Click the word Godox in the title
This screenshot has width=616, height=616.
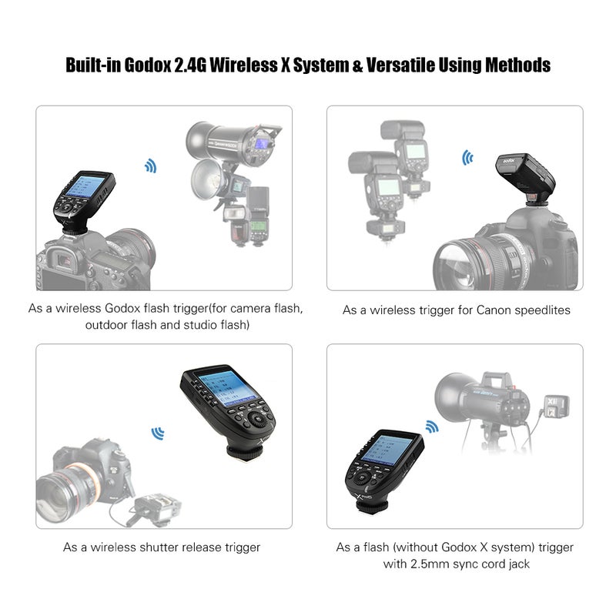148,65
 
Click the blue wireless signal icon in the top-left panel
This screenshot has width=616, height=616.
151,166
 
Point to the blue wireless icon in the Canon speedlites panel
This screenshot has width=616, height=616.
467,158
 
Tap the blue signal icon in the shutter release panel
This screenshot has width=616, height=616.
158,434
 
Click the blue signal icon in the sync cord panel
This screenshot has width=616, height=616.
432,426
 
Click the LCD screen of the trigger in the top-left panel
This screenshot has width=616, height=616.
85,186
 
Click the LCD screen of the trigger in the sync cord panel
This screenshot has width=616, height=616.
382,449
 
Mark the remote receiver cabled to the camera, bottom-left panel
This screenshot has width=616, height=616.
157,508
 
